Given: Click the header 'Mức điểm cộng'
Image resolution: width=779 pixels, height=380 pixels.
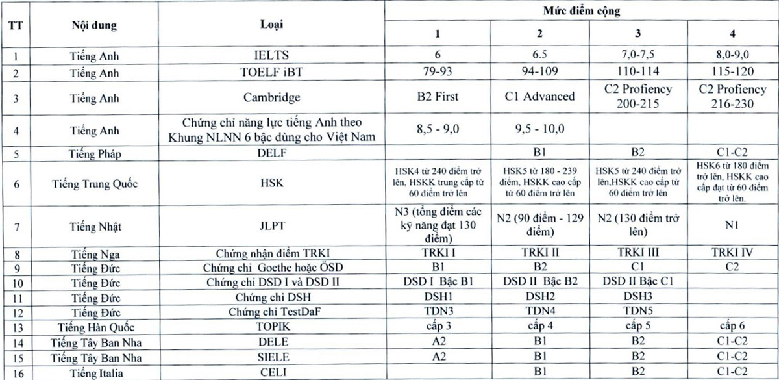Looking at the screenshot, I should (x=582, y=11).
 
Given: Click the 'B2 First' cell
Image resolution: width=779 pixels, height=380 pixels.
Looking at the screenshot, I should (x=438, y=97).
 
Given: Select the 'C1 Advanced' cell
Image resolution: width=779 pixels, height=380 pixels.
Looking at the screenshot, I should (x=539, y=97).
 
